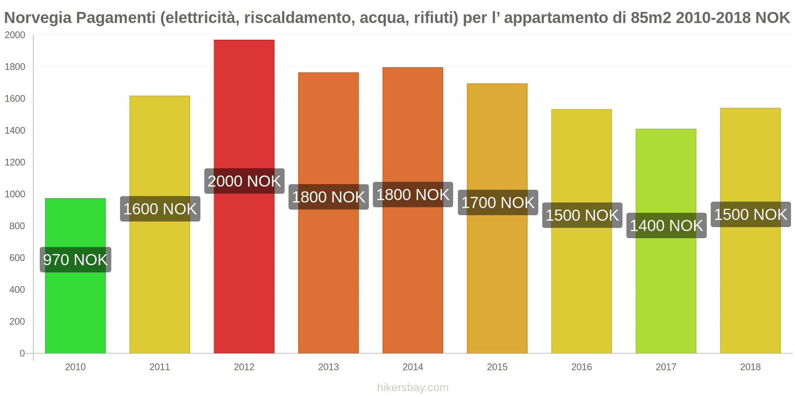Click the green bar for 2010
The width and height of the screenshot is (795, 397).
pos(75,308)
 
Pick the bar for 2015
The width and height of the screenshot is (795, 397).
pos(497,278)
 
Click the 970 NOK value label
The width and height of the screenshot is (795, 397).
pos(76,260)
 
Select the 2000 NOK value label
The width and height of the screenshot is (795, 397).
pos(244,181)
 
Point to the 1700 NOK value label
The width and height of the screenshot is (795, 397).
pos(497,202)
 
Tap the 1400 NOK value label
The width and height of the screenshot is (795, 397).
pos(666,226)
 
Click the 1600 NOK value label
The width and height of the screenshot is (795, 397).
pos(160,209)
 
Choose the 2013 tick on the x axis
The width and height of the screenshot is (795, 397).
pos(328,367)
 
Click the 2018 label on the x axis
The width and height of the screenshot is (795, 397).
pos(750,367)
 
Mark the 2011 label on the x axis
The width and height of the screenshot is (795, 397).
pos(159,367)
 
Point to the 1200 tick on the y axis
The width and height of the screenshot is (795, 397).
pos(15,162)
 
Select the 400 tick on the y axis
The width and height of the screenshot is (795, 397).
pos(17,290)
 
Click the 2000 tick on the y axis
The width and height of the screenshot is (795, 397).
pos(15,35)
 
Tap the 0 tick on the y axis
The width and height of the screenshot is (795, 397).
pos(22,353)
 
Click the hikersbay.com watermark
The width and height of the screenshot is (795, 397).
pos(412,388)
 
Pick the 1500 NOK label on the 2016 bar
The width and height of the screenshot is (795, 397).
pos(582,215)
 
